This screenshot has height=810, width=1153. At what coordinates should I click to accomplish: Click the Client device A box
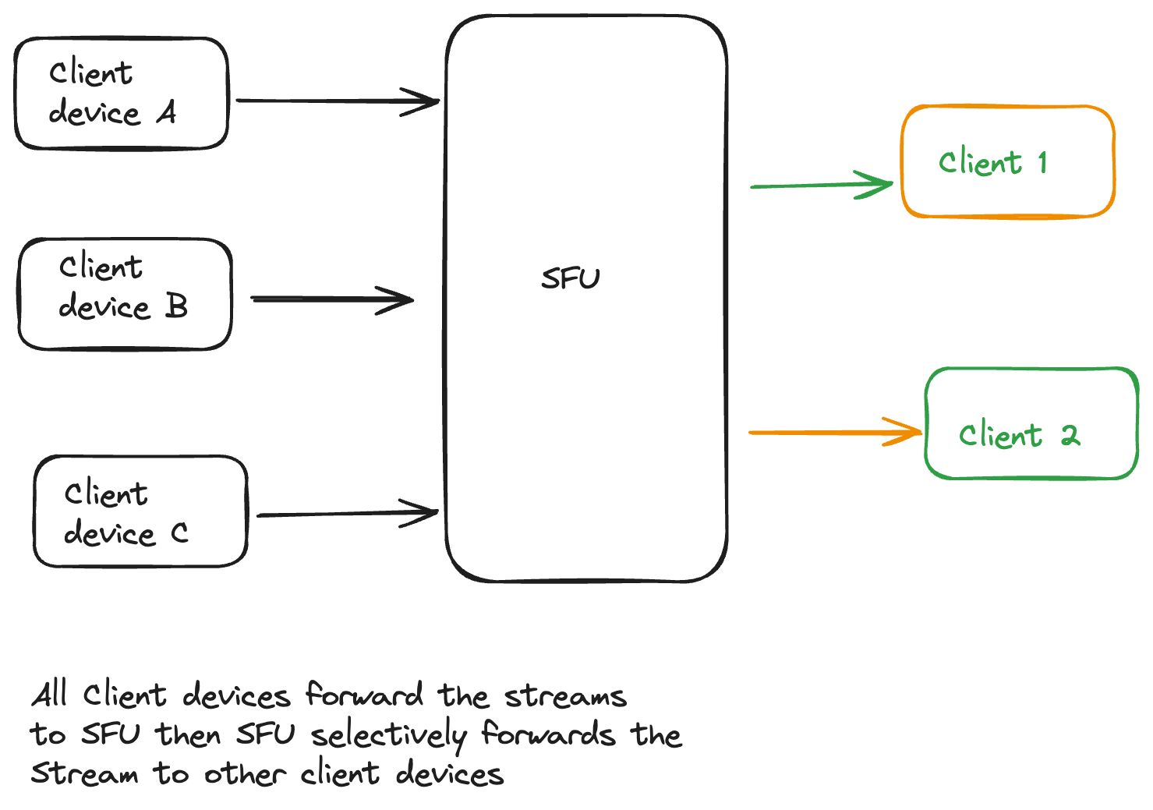pyautogui.click(x=122, y=94)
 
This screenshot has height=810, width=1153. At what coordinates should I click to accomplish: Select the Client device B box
pyautogui.click(x=125, y=294)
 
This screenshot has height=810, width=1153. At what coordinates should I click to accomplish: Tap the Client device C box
pyautogui.click(x=140, y=511)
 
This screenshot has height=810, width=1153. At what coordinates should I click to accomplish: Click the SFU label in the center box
pyautogui.click(x=571, y=278)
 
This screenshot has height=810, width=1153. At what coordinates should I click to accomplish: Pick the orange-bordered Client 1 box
pyautogui.click(x=1007, y=161)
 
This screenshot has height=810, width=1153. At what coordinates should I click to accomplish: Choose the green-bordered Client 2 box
pyautogui.click(x=1031, y=423)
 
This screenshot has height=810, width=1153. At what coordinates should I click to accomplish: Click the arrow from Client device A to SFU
pyautogui.click(x=337, y=101)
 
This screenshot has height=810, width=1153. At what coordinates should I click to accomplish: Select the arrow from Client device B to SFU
pyautogui.click(x=331, y=299)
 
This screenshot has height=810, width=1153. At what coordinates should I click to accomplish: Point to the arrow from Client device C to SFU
pyautogui.click(x=347, y=515)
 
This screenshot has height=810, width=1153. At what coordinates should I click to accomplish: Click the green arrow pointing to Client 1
pyautogui.click(x=820, y=186)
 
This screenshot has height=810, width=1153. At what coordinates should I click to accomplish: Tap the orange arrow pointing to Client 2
pyautogui.click(x=834, y=432)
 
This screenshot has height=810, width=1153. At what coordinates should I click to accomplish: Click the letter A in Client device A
pyautogui.click(x=166, y=113)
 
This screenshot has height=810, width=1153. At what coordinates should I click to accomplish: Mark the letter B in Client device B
pyautogui.click(x=177, y=306)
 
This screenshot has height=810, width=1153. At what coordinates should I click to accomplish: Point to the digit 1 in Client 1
pyautogui.click(x=1042, y=162)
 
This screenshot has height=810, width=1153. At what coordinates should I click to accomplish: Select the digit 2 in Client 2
pyautogui.click(x=1070, y=435)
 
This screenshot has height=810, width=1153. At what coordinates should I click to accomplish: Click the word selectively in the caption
pyautogui.click(x=388, y=735)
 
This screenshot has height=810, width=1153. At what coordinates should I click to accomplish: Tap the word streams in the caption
pyautogui.click(x=565, y=695)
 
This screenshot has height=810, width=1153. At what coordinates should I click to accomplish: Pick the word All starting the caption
pyautogui.click(x=50, y=694)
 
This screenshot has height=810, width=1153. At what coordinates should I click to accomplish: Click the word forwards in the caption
pyautogui.click(x=548, y=735)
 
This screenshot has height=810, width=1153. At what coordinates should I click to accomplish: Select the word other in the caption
pyautogui.click(x=244, y=774)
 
